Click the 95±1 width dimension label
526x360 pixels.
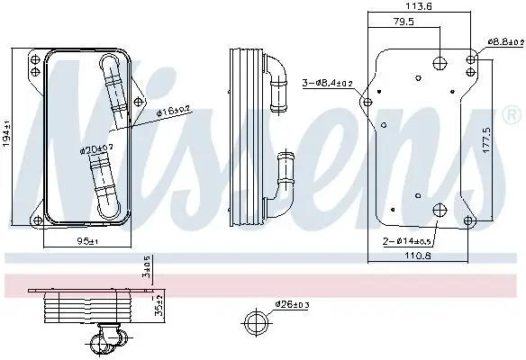coord(85,241)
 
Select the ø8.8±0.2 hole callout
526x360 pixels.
coord(505,41)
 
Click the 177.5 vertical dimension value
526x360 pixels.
coord(487,136)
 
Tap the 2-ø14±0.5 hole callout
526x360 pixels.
coord(408,242)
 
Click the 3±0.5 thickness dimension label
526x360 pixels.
coord(147,267)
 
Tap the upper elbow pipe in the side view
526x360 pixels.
coord(277,69)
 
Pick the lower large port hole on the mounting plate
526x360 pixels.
coord(440,211)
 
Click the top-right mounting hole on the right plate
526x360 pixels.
coord(472,59)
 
